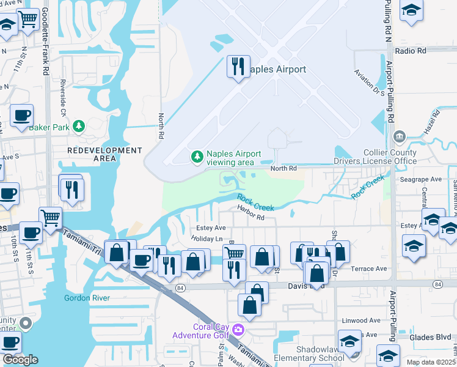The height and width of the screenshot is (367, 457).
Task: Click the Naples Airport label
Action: pos(277,69)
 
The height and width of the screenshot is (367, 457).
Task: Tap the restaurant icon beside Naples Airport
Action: pos(238,65)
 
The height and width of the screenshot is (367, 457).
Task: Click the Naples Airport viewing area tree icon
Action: pos(197,157)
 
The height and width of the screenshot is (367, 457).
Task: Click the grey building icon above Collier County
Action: pos(400,135)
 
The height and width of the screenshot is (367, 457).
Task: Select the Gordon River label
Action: pos(87,298)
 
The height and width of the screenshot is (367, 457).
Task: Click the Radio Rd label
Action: pos(410,51)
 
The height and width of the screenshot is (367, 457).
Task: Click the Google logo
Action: pos(20,360)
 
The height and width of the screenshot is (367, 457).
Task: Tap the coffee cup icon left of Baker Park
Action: pos(21,115)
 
